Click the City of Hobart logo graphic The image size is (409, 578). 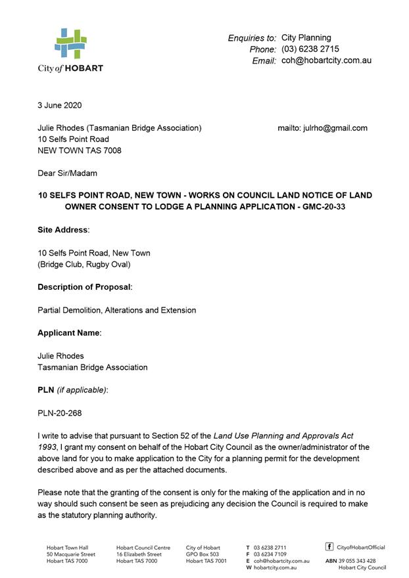(x=70, y=44)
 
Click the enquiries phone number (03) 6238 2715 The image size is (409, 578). (x=310, y=49)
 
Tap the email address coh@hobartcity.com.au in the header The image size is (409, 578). (x=326, y=60)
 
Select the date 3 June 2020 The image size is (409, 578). (x=60, y=106)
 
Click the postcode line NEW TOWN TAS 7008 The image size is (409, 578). (x=80, y=150)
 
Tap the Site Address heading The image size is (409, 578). (x=63, y=230)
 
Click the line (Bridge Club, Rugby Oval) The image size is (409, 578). (x=84, y=264)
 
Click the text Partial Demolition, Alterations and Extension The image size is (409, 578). (x=117, y=310)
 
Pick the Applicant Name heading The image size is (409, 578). (x=70, y=333)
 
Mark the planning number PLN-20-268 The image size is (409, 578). (x=60, y=413)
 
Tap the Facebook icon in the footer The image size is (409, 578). (x=329, y=546)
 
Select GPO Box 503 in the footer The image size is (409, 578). (x=203, y=554)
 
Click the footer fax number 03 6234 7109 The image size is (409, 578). (x=270, y=554)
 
